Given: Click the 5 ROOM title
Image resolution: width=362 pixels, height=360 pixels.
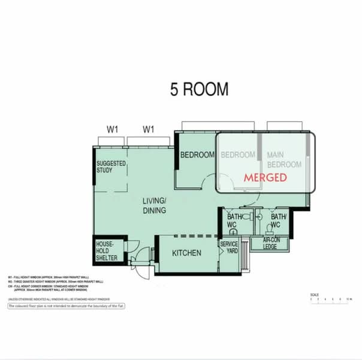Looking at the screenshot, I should (x=198, y=89).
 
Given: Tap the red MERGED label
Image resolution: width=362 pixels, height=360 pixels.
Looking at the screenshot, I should (x=265, y=178).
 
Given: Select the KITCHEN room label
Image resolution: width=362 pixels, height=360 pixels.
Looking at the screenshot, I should (x=186, y=253).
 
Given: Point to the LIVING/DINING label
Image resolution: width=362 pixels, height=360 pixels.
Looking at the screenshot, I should (x=154, y=205).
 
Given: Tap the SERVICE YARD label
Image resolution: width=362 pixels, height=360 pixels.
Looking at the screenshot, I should (x=230, y=248).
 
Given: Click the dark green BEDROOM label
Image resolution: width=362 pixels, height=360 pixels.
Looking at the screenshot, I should (x=197, y=155).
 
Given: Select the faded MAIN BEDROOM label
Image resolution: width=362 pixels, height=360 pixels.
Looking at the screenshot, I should (x=283, y=159).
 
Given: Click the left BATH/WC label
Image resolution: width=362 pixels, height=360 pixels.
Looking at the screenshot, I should (x=232, y=220).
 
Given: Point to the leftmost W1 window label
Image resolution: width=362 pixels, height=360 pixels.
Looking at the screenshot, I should (x=113, y=129).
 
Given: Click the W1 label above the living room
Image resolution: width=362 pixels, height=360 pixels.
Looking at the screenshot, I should (x=149, y=129).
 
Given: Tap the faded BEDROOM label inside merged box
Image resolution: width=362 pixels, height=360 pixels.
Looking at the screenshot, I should (x=238, y=155).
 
